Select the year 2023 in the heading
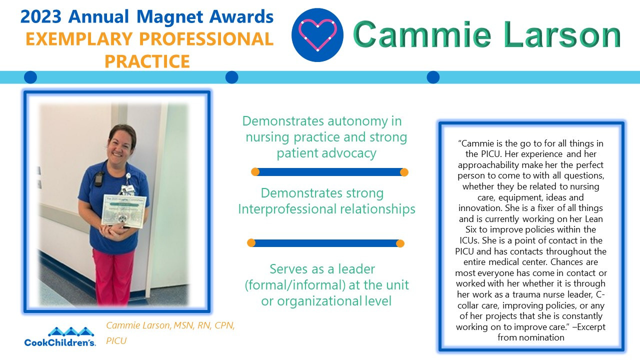point(41,17)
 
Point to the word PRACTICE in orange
point(147,61)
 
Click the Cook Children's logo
point(60,337)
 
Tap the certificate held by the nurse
point(121,209)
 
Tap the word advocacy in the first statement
point(344,153)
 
